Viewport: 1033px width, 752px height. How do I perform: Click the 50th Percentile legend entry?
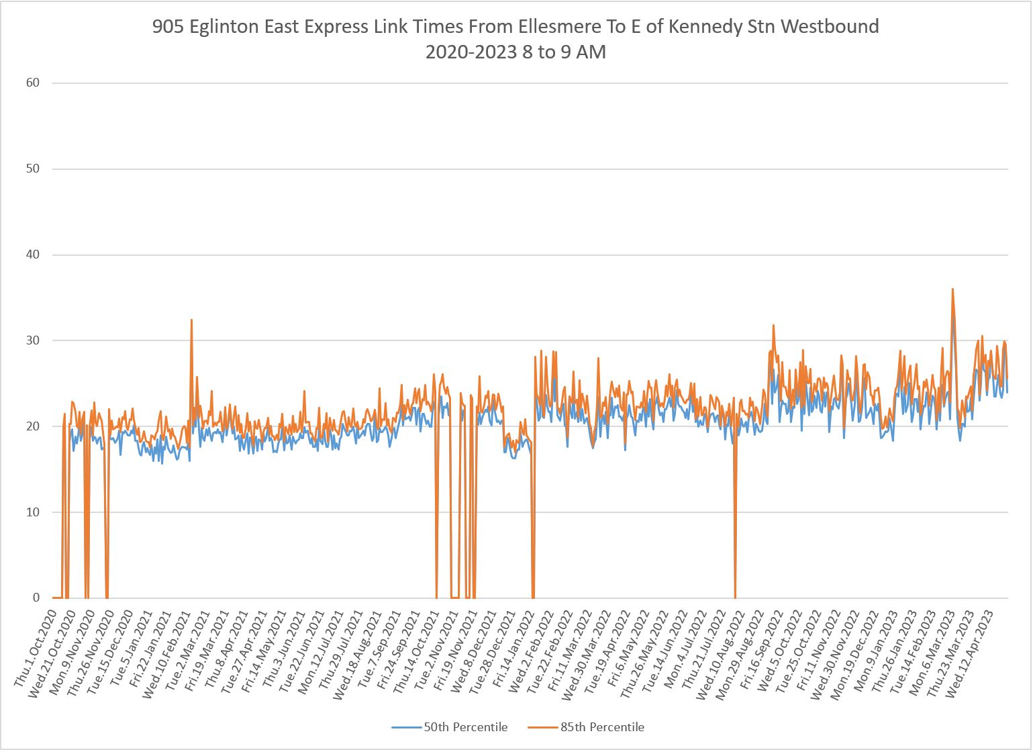tap(465, 727)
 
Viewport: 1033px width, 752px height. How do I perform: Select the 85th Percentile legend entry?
tap(602, 727)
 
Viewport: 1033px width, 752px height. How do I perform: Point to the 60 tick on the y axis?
tap(33, 83)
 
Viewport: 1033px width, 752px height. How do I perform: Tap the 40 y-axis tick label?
tap(33, 254)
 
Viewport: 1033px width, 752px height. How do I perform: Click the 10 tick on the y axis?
tap(33, 512)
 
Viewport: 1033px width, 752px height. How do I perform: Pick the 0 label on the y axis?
tap(36, 598)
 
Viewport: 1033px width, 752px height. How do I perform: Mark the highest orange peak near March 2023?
tap(952, 289)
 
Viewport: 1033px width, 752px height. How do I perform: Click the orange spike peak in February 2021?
tap(191, 320)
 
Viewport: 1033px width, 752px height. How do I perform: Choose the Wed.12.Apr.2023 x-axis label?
tap(968, 655)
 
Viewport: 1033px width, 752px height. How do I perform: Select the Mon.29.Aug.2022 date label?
tap(740, 655)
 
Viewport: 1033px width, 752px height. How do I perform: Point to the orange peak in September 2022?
tap(773, 325)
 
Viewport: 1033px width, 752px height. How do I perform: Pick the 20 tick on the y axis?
tap(33, 426)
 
